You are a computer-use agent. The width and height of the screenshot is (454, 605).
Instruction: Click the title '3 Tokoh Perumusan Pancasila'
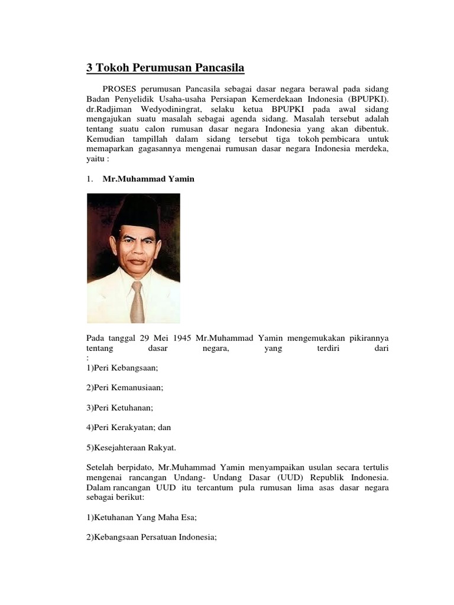pos(166,68)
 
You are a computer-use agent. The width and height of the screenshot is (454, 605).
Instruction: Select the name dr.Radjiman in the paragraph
pos(109,109)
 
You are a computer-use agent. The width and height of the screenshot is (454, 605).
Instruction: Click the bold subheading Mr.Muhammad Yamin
pos(148,179)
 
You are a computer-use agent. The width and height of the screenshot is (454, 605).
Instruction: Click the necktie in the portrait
pos(137,301)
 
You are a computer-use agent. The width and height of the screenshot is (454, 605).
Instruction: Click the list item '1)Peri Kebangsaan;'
pos(122,367)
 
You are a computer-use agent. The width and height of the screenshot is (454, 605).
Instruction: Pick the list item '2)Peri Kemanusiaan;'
pos(125,388)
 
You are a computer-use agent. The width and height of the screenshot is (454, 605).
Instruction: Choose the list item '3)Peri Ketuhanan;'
pos(120,408)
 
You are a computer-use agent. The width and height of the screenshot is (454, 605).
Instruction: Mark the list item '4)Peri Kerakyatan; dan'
pos(128,427)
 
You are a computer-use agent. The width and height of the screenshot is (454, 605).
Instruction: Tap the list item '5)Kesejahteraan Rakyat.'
pos(130,447)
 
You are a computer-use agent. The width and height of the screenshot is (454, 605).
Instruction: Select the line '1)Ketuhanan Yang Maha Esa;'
pos(141,517)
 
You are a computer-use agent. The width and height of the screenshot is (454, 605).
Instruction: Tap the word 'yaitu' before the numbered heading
pos(97,159)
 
